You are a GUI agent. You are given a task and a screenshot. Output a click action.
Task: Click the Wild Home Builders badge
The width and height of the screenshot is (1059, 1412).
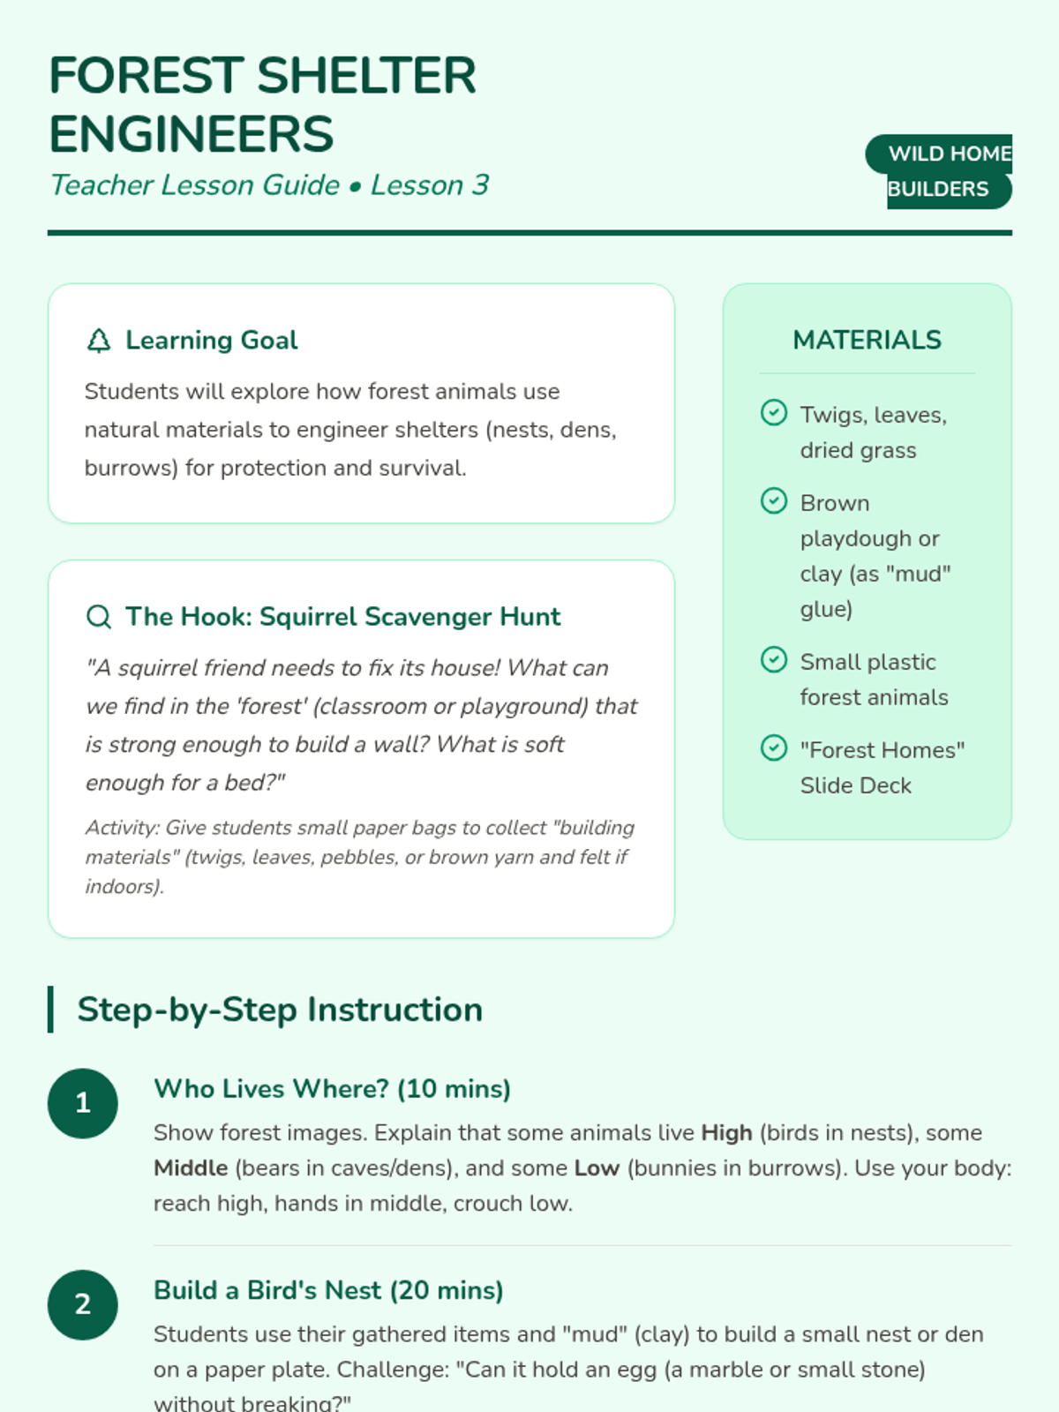pyautogui.click(x=939, y=171)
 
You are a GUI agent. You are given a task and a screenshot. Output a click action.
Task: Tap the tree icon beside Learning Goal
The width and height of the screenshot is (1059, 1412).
pyautogui.click(x=99, y=341)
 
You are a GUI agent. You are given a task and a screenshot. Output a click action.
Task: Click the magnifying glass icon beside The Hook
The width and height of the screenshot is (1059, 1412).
pyautogui.click(x=99, y=617)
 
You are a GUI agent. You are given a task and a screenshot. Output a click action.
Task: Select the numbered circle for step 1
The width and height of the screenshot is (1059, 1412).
pyautogui.click(x=83, y=1103)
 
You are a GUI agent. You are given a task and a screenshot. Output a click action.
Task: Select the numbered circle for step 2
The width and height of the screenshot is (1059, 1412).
pyautogui.click(x=83, y=1304)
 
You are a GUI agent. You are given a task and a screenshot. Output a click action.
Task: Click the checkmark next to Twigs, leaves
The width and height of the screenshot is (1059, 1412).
pyautogui.click(x=774, y=413)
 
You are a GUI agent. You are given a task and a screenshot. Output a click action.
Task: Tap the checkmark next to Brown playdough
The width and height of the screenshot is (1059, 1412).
pyautogui.click(x=774, y=501)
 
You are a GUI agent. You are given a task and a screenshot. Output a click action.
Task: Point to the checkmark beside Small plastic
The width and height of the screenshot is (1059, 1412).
pyautogui.click(x=774, y=660)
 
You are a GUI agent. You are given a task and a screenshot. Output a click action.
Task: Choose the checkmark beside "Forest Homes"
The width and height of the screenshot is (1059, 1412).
pyautogui.click(x=774, y=748)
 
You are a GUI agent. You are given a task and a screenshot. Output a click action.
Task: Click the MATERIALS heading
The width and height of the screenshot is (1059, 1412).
pyautogui.click(x=867, y=340)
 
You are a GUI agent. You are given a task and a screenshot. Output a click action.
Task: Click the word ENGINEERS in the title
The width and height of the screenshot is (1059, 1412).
pyautogui.click(x=192, y=134)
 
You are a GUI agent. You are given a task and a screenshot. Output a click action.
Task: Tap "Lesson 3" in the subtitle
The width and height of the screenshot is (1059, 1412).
pyautogui.click(x=430, y=185)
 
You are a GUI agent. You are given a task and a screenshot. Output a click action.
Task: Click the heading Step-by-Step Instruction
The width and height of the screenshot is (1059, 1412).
pyautogui.click(x=280, y=1010)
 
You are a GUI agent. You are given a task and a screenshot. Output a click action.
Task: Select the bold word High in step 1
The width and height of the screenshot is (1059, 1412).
pyautogui.click(x=726, y=1132)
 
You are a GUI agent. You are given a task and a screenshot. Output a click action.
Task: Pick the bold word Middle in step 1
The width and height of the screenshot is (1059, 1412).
pyautogui.click(x=191, y=1168)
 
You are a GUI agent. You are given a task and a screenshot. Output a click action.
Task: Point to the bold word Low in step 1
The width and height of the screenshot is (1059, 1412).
pyautogui.click(x=597, y=1168)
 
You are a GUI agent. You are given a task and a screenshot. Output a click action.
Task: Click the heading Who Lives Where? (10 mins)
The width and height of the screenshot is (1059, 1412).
pyautogui.click(x=332, y=1088)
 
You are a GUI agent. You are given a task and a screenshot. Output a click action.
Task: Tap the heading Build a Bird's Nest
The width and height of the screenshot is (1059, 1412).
pyautogui.click(x=328, y=1290)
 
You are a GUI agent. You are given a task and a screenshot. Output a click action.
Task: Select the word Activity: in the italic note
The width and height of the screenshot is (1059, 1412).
pyautogui.click(x=122, y=828)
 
